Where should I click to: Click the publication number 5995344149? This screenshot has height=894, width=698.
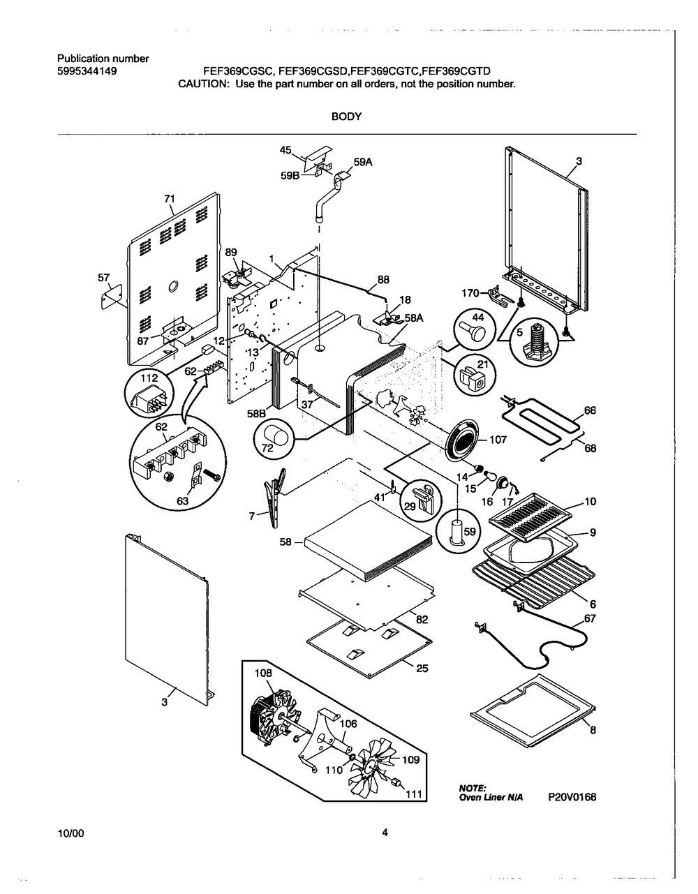point(87,72)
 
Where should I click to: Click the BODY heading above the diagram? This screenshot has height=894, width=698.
point(346,117)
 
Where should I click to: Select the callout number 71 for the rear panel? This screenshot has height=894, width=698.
point(170,199)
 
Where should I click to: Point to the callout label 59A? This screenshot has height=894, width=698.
point(363,163)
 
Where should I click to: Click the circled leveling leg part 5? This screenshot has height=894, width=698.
point(533,343)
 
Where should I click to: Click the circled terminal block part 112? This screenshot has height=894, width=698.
point(149,393)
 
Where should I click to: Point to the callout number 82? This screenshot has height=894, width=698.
point(422,619)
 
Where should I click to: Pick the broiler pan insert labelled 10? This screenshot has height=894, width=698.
point(530,516)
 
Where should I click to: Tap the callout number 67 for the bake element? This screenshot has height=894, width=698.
point(590,618)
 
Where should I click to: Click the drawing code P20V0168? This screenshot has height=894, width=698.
point(572,797)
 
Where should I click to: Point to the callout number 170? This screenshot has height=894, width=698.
point(470,293)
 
